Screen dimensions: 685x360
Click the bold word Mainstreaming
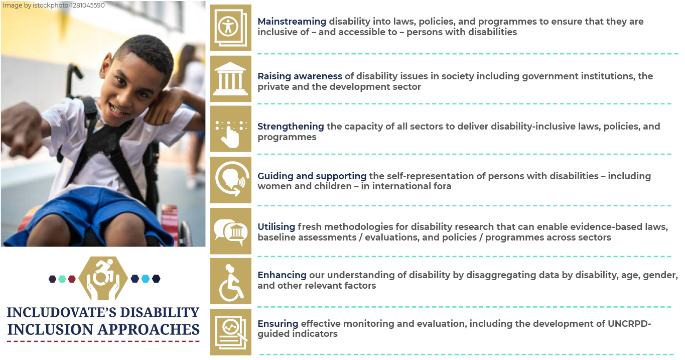point(292,22)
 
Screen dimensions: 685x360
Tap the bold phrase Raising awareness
point(300,76)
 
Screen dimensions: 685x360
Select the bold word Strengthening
point(291,127)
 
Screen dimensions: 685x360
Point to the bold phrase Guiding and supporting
point(312,176)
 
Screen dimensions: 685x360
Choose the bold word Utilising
point(276,227)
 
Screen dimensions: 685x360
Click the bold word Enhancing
point(282,275)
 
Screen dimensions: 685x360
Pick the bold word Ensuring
point(278,324)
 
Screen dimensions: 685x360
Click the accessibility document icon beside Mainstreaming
point(230,28)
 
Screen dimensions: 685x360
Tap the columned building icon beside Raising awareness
point(230,79)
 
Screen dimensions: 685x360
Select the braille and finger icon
point(230,129)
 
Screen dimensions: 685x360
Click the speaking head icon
point(230,180)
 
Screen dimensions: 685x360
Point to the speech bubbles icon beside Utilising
point(230,231)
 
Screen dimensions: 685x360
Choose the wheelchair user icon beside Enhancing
point(230,281)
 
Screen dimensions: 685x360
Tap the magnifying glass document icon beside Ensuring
point(230,332)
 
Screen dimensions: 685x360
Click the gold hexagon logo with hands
point(103,278)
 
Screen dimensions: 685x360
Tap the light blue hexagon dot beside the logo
point(146,279)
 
